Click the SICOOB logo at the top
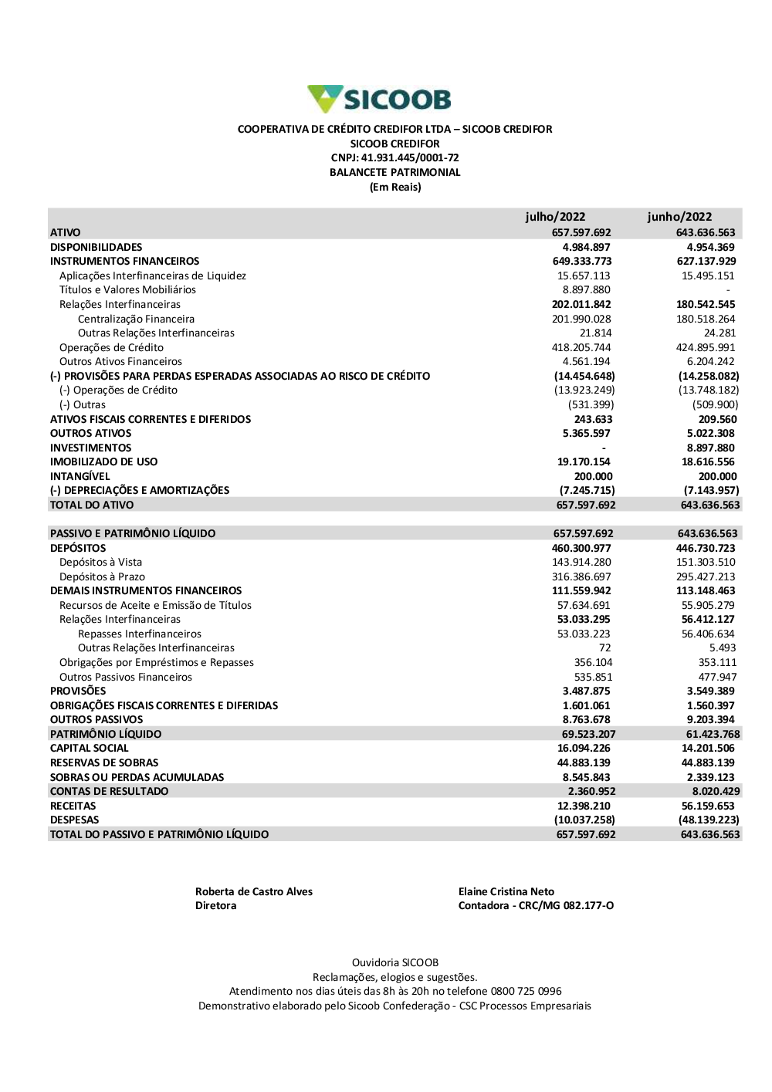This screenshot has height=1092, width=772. tap(379, 99)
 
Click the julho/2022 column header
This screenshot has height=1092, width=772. tap(555, 217)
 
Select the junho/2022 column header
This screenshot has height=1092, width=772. tap(679, 217)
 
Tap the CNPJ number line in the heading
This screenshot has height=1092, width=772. tap(394, 158)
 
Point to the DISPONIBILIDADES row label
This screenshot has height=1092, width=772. tap(96, 247)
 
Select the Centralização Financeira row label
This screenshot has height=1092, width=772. tap(136, 319)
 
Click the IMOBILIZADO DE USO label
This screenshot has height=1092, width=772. tap(103, 461)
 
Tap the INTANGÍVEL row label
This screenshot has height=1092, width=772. tap(80, 476)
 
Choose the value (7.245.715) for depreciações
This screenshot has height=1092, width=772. tap(587, 490)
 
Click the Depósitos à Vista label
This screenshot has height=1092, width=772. tap(100, 562)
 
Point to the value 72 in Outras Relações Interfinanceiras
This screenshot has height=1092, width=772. tap(604, 648)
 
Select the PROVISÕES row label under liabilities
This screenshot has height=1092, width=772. tap(78, 691)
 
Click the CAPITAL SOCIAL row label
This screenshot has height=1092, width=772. tap(89, 748)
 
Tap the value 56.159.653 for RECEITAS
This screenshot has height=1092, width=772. tap(708, 806)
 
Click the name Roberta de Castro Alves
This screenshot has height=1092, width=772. tap(254, 891)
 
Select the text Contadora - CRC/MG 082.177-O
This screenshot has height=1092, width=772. tap(536, 905)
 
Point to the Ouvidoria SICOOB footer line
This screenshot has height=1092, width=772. tap(395, 962)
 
